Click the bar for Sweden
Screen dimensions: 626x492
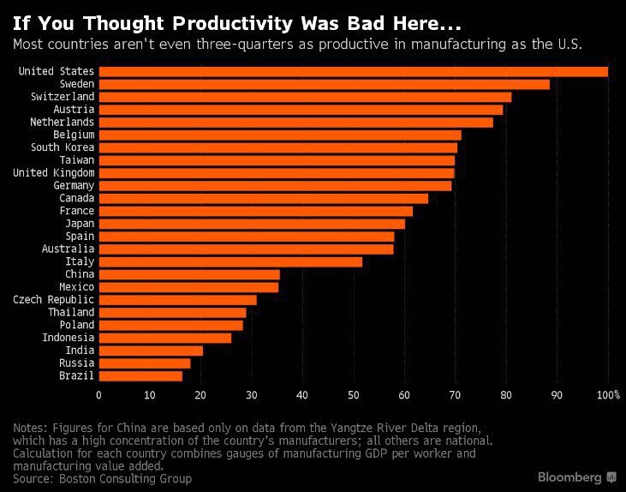coord(325,84)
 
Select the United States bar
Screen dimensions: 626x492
coord(354,72)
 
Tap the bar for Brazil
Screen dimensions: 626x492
coord(140,376)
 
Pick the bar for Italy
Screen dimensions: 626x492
coord(230,261)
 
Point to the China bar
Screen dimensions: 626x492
coord(189,274)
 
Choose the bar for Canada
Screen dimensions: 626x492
coord(264,198)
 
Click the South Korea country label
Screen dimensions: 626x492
coord(63,147)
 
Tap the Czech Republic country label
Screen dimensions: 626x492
coord(53,300)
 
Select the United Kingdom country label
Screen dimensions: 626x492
coord(53,173)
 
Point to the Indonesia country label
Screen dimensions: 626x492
coord(69,338)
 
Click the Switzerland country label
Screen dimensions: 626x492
coord(63,97)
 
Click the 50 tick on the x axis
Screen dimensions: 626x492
coord(354,395)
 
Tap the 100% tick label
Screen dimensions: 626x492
coord(608,395)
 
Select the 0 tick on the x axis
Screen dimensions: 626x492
coord(98,395)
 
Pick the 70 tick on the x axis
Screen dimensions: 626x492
coord(455,395)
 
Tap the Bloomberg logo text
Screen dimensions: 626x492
coord(569,477)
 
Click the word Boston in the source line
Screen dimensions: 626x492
coord(77,479)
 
